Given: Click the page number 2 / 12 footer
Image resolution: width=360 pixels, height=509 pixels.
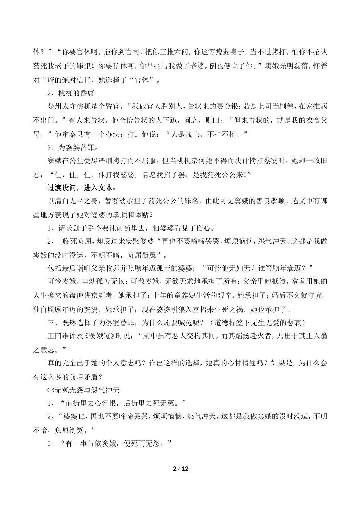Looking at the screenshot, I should pyautogui.click(x=180, y=469).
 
